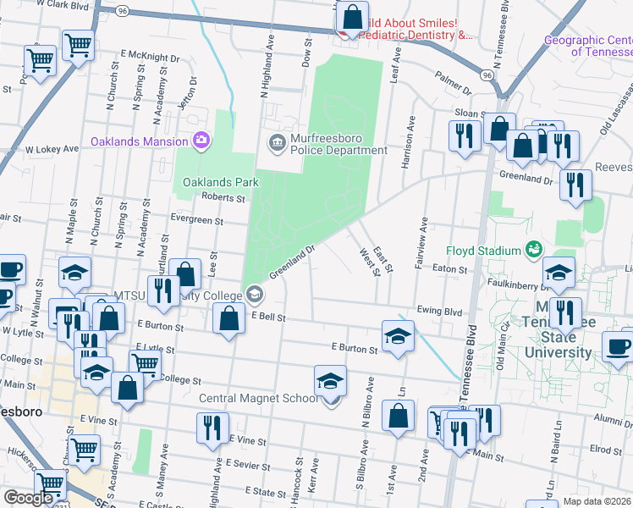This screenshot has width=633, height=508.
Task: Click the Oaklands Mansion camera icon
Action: tap(201, 140)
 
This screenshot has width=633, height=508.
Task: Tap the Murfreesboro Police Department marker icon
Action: tap(277, 141)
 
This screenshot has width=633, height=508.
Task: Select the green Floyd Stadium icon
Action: tap(533, 250)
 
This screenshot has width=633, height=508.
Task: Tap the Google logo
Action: tap(28, 498)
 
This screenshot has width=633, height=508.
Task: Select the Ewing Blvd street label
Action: tap(441, 312)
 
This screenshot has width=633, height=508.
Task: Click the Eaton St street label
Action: tap(452, 269)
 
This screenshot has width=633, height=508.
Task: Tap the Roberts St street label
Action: tap(223, 198)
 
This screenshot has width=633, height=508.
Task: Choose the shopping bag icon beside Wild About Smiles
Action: tap(352, 16)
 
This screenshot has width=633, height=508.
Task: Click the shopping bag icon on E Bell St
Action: tap(228, 319)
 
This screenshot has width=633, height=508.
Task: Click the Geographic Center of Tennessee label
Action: tap(587, 46)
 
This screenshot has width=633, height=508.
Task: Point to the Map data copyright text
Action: tap(597, 500)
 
